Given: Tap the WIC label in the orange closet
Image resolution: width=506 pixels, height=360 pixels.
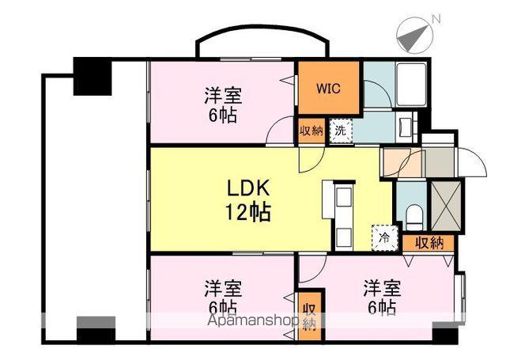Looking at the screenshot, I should click(330, 89).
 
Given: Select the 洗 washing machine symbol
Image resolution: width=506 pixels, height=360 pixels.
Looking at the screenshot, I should click(339, 128).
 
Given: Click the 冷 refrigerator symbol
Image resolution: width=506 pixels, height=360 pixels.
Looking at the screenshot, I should click(384, 235).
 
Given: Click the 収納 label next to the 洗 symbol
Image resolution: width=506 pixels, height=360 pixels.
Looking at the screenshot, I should click(311, 129).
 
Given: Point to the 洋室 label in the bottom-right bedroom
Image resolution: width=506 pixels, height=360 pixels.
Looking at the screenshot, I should click(381, 286).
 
